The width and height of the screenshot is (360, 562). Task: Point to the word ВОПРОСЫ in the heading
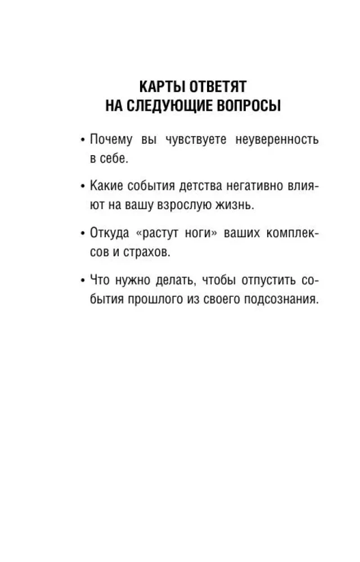click(x=249, y=107)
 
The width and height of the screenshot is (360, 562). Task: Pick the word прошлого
click(x=148, y=300)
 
